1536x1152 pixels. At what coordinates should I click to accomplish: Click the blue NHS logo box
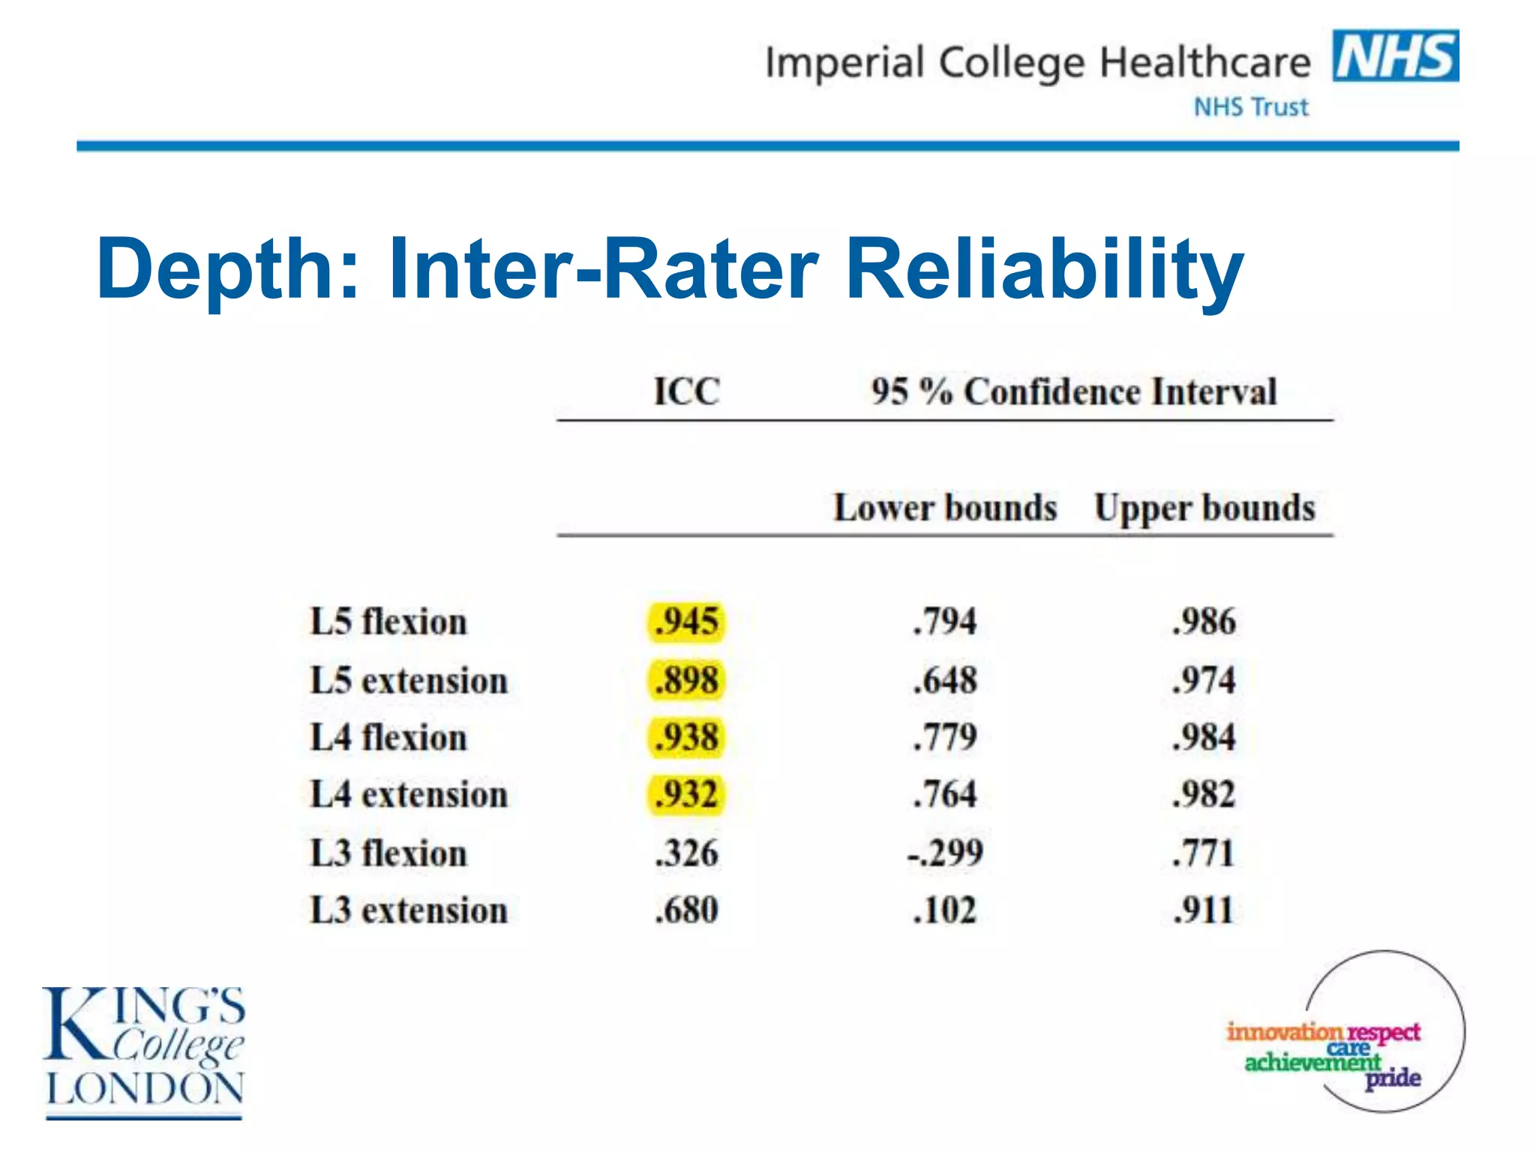1395,55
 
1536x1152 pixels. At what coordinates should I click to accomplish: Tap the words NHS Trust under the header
1250,107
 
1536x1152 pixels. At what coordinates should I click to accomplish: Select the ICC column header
686,391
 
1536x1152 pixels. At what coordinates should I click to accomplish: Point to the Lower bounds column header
945,508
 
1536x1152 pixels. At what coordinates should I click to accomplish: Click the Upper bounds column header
1204,508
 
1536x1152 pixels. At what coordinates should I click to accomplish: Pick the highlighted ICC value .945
686,622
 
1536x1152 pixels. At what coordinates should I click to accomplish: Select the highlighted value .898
686,680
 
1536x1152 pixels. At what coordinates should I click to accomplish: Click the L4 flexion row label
388,737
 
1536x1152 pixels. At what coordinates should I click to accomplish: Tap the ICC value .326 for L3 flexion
686,853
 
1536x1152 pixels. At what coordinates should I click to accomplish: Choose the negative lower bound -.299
945,853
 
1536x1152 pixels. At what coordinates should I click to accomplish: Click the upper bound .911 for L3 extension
1203,910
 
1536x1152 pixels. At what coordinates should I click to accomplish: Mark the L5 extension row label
409,680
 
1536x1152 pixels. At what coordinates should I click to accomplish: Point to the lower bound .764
945,794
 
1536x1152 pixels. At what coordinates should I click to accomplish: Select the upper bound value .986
1204,622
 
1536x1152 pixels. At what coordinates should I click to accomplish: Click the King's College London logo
144,1050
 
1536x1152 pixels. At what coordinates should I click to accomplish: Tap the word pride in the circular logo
1393,1078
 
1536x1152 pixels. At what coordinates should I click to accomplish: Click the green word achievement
1312,1063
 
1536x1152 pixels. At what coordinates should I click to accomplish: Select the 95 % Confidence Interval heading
1073,391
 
